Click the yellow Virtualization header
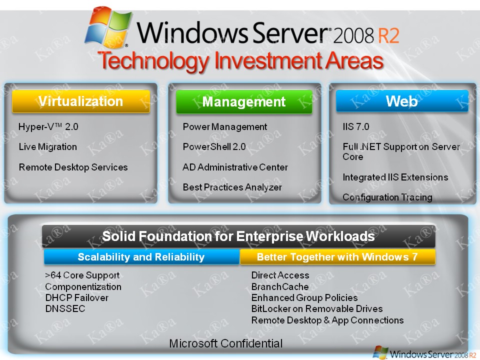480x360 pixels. [x=80, y=101]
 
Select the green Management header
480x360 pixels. [x=244, y=102]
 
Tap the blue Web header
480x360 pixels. [x=401, y=101]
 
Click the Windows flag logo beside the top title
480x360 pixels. [x=107, y=28]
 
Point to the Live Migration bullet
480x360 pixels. [x=48, y=147]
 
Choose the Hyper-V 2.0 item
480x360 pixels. [x=48, y=127]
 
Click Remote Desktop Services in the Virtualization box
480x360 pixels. [x=73, y=167]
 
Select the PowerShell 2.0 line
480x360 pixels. [x=214, y=147]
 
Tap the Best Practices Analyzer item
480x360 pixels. [x=232, y=187]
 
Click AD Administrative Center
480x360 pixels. [x=235, y=167]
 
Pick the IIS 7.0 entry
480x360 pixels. [x=355, y=127]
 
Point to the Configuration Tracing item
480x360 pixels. [x=387, y=197]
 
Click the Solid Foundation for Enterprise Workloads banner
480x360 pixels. [x=238, y=236]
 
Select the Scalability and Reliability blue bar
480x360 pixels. [x=141, y=257]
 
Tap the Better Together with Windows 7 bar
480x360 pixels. [x=337, y=257]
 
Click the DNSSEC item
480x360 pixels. [x=65, y=309]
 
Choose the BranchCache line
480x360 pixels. [x=279, y=287]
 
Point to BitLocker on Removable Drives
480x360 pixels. [x=316, y=309]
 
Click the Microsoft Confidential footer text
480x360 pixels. [x=226, y=343]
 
